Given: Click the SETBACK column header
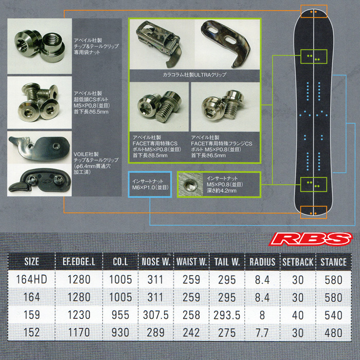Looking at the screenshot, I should [x=298, y=262].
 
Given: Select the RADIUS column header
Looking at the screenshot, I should [x=262, y=262].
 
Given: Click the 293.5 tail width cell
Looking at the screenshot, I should [x=226, y=315].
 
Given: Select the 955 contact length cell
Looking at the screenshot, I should [x=120, y=315].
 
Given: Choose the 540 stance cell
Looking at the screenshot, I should [x=333, y=315].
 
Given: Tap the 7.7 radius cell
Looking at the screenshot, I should [x=262, y=333].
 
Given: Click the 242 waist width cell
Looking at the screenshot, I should [x=191, y=333].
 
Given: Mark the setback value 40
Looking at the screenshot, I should [x=298, y=315].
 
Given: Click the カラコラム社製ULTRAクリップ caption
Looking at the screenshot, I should [x=194, y=75].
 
